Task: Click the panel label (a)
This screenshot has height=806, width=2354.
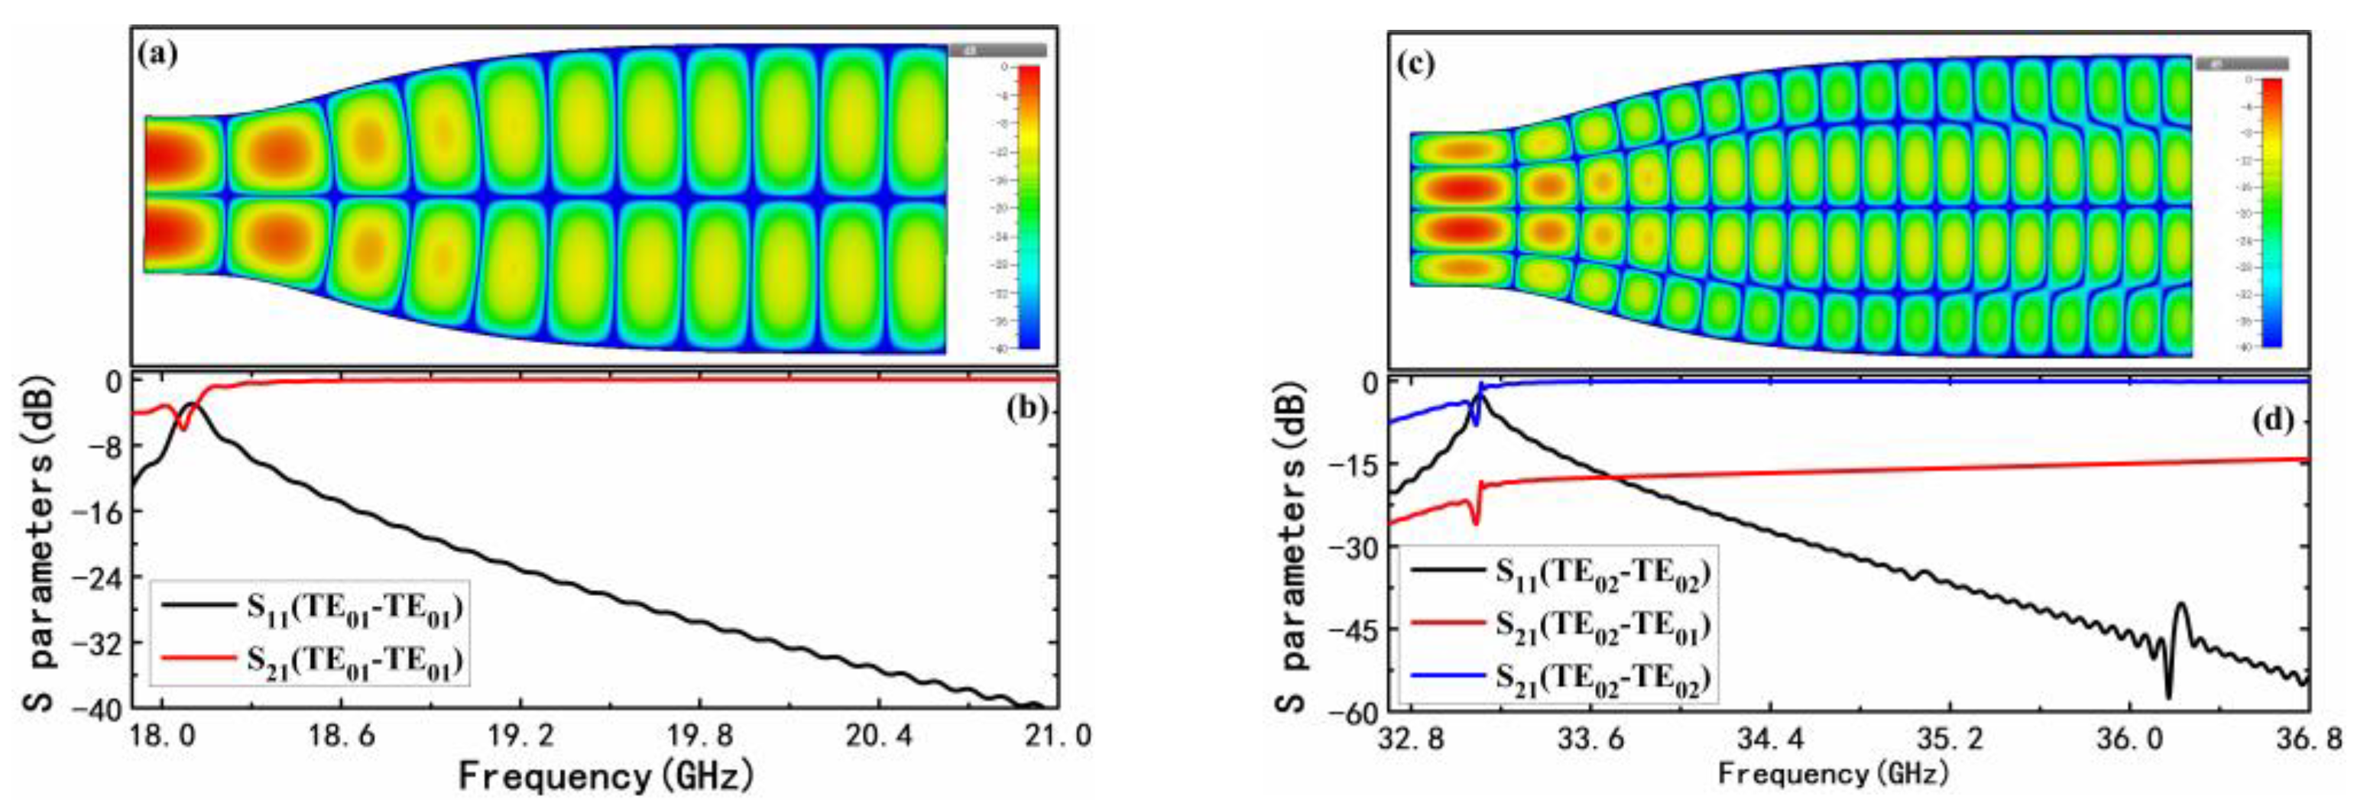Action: point(157,54)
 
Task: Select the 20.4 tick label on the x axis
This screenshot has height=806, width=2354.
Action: point(878,736)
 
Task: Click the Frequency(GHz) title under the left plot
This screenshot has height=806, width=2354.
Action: point(606,777)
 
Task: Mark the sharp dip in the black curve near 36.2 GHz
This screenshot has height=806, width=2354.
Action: point(2168,696)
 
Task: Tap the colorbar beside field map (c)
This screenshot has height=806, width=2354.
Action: point(2271,212)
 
